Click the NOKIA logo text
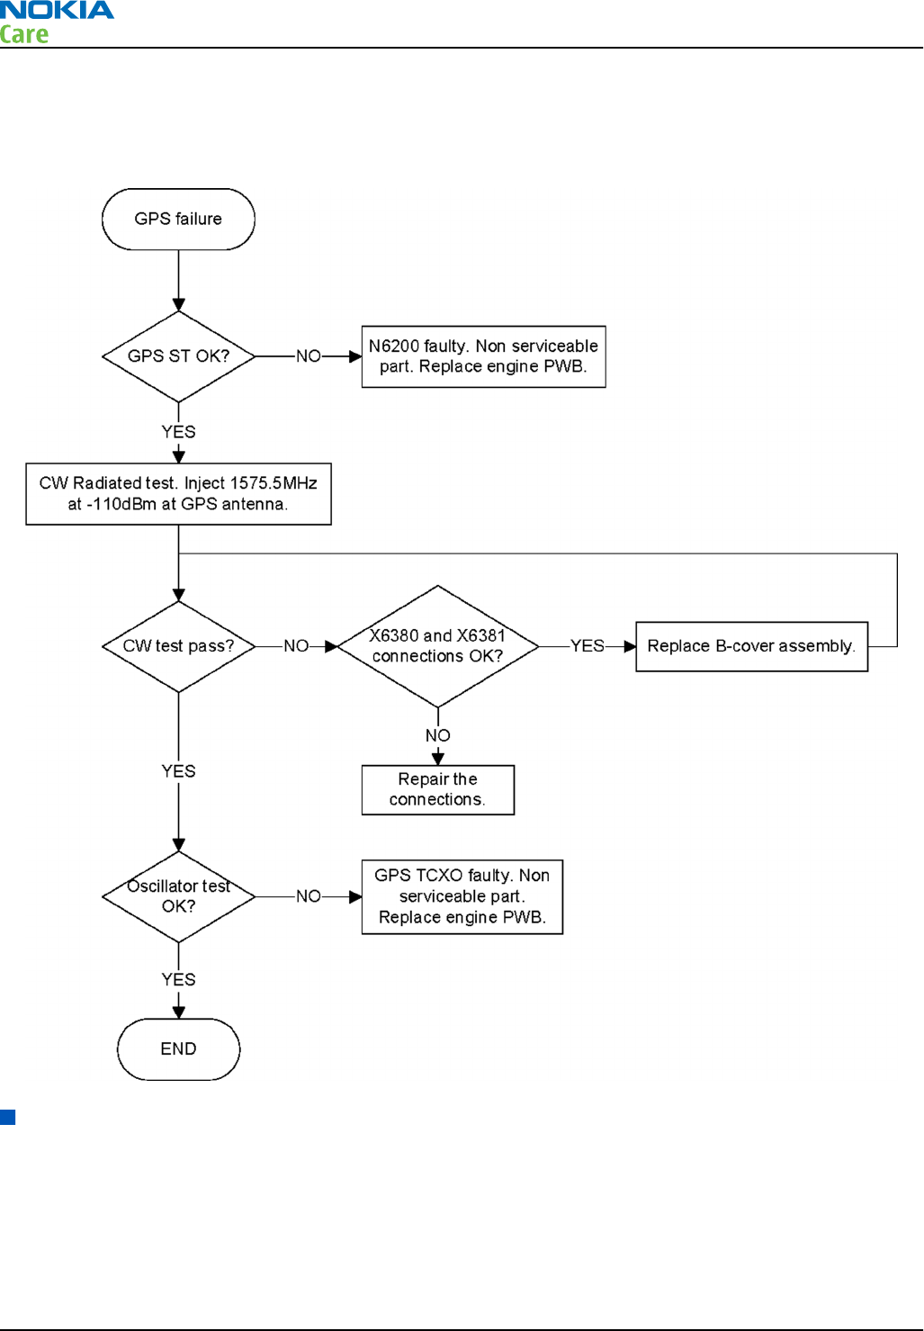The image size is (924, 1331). click(57, 10)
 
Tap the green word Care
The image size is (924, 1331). click(23, 34)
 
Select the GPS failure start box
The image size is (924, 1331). click(178, 220)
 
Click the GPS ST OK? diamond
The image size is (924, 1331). click(178, 356)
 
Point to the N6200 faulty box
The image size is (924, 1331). click(484, 356)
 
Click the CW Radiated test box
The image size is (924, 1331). click(178, 494)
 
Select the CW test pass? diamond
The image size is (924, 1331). click(178, 646)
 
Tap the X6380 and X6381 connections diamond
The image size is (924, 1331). click(438, 646)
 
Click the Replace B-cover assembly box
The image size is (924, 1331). click(751, 646)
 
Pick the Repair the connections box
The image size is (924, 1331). click(438, 789)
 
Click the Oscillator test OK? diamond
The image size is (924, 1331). click(178, 896)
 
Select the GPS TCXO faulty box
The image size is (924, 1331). click(462, 896)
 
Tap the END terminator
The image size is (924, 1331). click(178, 1049)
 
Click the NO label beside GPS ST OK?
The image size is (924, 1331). click(309, 356)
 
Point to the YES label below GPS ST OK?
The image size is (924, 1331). click(178, 432)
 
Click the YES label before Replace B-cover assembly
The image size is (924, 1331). click(588, 646)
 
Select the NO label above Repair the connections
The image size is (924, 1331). click(438, 735)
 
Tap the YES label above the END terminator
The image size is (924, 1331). click(178, 980)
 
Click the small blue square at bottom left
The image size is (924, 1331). click(8, 1117)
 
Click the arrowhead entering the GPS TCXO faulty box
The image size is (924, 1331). click(355, 896)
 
